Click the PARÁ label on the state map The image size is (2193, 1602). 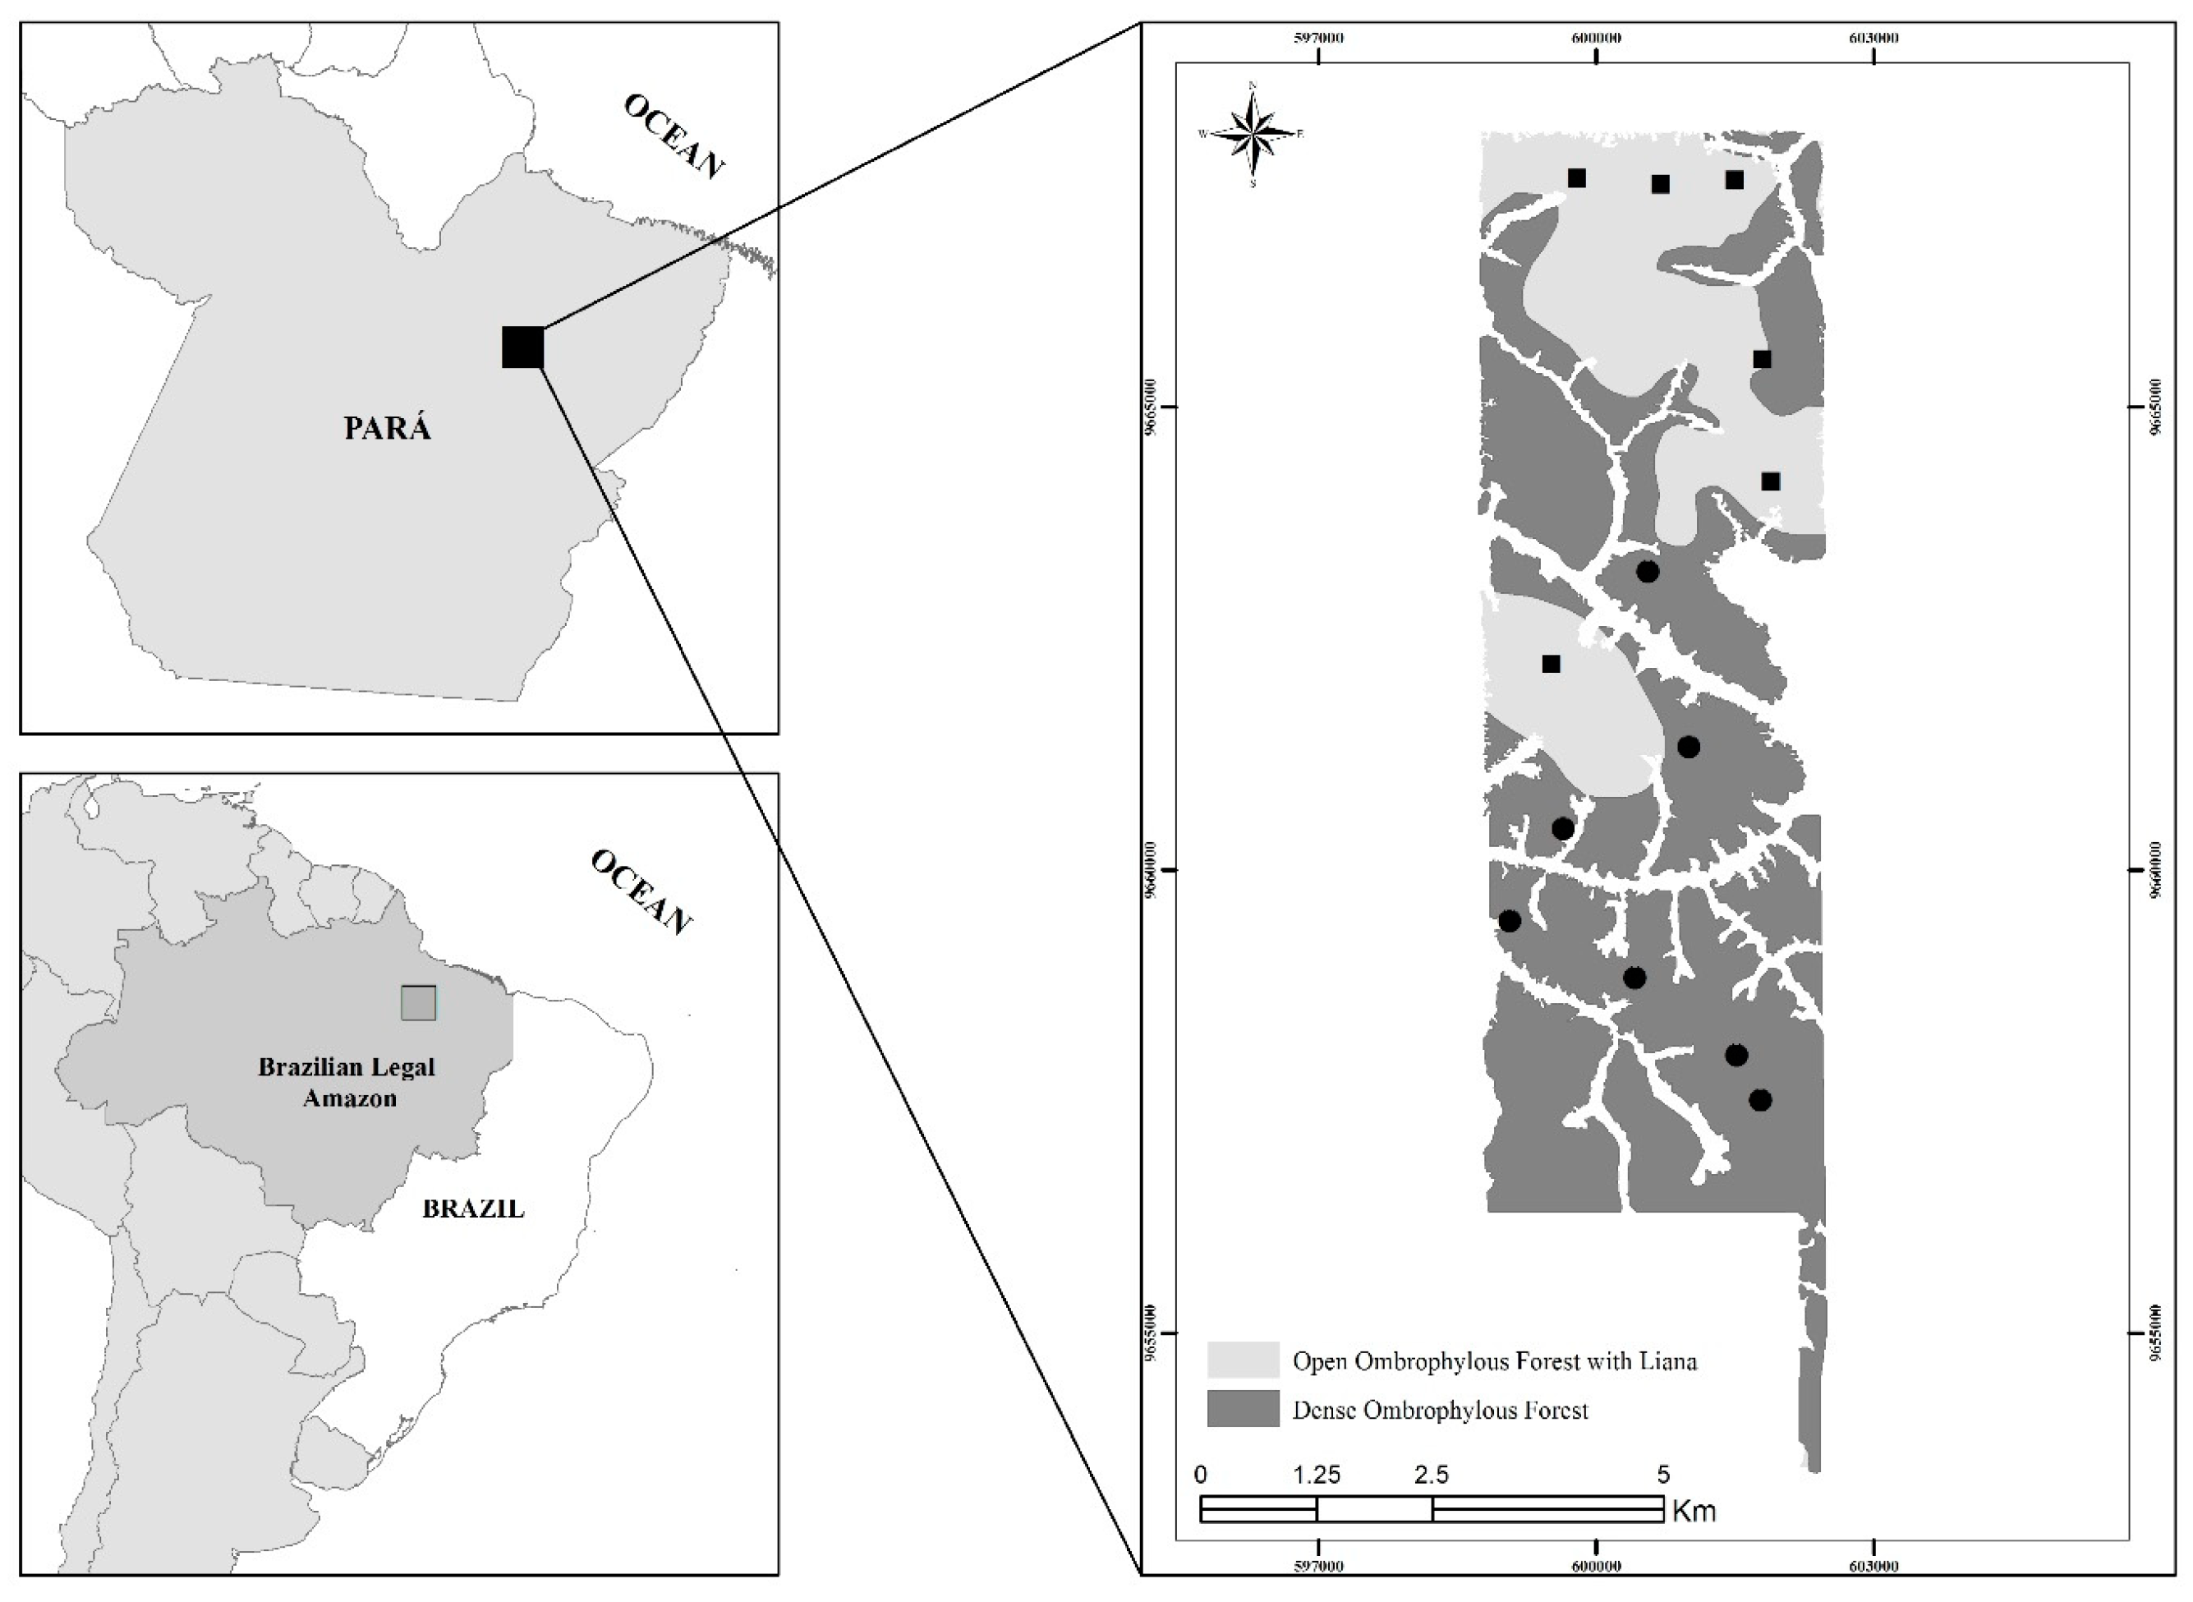(x=387, y=428)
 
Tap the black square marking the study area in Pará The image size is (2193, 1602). (x=522, y=348)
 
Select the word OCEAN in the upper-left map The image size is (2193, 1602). (x=674, y=136)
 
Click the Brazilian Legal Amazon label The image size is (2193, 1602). (x=346, y=1082)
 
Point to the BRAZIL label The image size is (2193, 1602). (x=473, y=1209)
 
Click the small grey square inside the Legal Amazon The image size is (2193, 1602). (x=419, y=1003)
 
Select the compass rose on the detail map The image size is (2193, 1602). (x=1253, y=135)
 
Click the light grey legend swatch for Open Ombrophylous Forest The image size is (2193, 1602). (x=1243, y=1360)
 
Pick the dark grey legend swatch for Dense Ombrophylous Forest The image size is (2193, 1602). (x=1243, y=1409)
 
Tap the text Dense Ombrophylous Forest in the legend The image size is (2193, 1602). (x=1441, y=1410)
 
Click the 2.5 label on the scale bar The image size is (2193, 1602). (x=1432, y=1475)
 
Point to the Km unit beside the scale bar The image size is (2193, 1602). (x=1694, y=1511)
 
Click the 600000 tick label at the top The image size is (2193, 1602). (x=1596, y=38)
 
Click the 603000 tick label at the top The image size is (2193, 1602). (x=1873, y=38)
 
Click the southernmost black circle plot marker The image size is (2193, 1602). (x=1761, y=1100)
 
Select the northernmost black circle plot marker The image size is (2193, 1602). (x=1647, y=571)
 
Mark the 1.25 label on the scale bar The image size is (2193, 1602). (x=1317, y=1475)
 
